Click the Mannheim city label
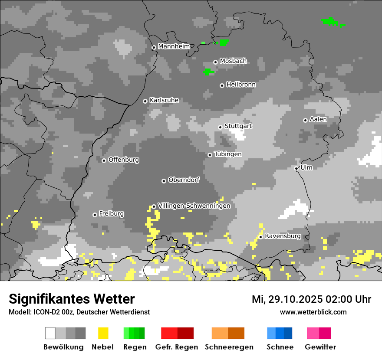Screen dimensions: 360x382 174,46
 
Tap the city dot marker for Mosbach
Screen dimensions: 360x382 215,62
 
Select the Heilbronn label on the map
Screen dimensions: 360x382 241,85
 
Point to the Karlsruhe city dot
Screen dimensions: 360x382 145,101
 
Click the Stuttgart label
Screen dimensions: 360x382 238,126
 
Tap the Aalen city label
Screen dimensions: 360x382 318,119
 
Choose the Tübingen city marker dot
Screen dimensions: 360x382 210,155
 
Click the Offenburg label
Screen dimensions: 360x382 124,160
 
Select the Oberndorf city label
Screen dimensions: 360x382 184,180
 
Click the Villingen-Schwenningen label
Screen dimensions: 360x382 194,206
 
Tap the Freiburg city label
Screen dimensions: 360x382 111,214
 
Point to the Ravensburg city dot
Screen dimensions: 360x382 260,237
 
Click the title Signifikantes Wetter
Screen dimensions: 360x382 72,299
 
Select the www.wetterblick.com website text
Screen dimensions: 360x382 313,312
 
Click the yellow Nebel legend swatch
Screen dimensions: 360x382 103,333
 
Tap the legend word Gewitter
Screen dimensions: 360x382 320,347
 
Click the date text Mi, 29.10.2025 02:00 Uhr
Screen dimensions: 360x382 311,299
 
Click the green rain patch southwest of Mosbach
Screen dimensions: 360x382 208,71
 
